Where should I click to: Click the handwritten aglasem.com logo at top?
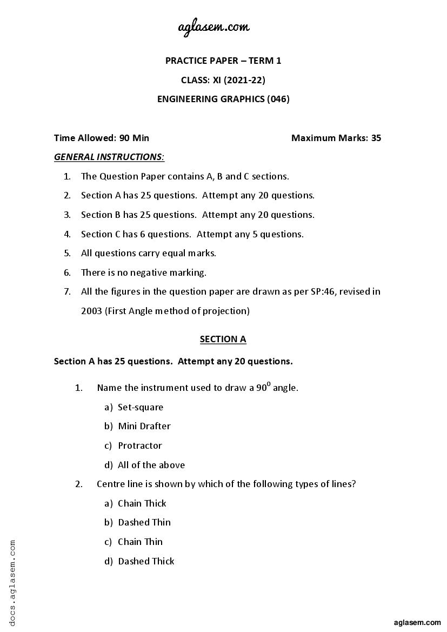[214, 26]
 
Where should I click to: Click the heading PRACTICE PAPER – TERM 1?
[223, 61]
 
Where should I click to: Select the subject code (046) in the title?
[278, 99]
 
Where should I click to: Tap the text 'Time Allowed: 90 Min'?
[102, 138]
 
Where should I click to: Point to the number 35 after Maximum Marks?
[376, 138]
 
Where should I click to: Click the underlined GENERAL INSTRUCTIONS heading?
[109, 157]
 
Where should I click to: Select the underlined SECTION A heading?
[223, 339]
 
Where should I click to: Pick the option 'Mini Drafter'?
[144, 426]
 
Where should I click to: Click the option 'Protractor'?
[139, 445]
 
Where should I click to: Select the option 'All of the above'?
[151, 465]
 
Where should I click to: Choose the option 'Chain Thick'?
[142, 503]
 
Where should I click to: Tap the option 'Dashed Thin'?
[144, 522]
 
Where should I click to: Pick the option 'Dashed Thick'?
[146, 561]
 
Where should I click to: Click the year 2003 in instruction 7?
[91, 311]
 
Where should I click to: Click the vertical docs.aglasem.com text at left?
[12, 581]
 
